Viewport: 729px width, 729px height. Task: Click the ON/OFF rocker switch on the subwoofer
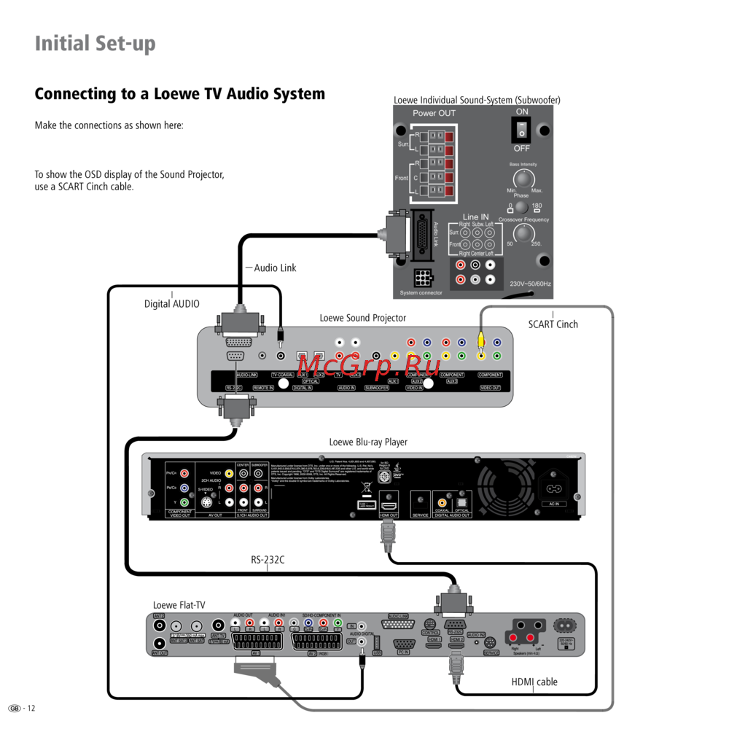point(521,129)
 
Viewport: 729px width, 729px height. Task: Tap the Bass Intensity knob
point(522,179)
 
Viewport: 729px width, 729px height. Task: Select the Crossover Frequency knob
point(523,233)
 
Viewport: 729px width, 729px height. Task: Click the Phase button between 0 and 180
point(521,207)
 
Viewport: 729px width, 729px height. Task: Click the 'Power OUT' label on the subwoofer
point(434,113)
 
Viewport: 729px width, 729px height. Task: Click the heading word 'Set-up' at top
point(125,44)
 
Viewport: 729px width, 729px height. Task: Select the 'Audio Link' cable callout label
point(275,268)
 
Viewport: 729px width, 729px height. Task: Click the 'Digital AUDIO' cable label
point(171,304)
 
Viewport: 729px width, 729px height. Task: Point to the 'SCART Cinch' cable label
point(553,324)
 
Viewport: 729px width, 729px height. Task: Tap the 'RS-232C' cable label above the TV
point(268,561)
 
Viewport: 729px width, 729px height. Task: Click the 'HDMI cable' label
point(534,682)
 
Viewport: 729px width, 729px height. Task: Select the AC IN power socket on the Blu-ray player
point(554,488)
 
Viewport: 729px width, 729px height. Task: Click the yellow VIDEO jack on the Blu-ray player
point(229,473)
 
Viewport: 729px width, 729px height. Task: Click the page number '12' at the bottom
point(31,709)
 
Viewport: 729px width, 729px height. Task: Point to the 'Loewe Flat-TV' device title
point(179,605)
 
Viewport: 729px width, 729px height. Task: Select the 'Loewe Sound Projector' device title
point(362,318)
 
